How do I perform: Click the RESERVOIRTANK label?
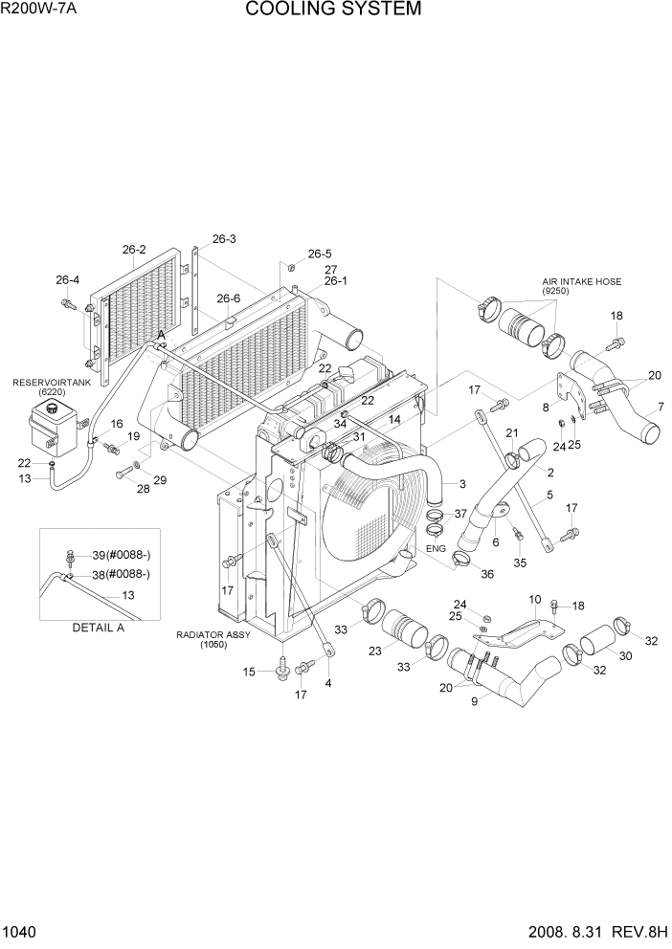[47, 382]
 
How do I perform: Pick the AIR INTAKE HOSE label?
[581, 282]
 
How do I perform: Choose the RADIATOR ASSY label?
[212, 634]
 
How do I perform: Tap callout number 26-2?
[133, 250]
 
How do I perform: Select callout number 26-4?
[67, 280]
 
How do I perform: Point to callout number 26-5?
[319, 254]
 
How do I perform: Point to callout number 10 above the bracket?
[535, 599]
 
